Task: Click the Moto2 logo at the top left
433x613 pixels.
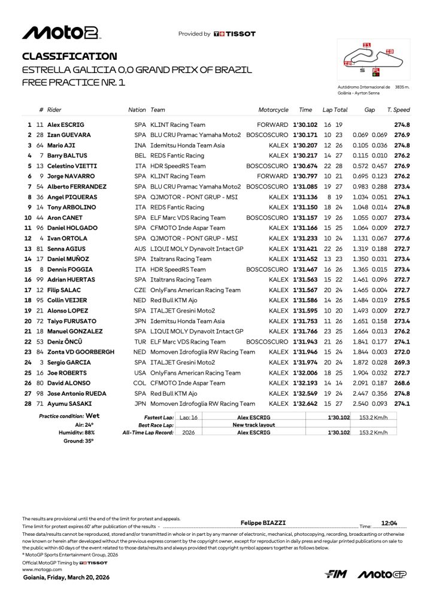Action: (60, 33)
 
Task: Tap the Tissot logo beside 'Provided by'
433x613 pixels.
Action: (234, 34)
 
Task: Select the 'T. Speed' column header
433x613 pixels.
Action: (398, 110)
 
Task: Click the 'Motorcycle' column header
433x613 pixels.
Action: (273, 110)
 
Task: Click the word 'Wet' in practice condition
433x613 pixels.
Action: (93, 415)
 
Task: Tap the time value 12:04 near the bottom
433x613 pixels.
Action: (389, 522)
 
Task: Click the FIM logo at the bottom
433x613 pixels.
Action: (337, 575)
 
